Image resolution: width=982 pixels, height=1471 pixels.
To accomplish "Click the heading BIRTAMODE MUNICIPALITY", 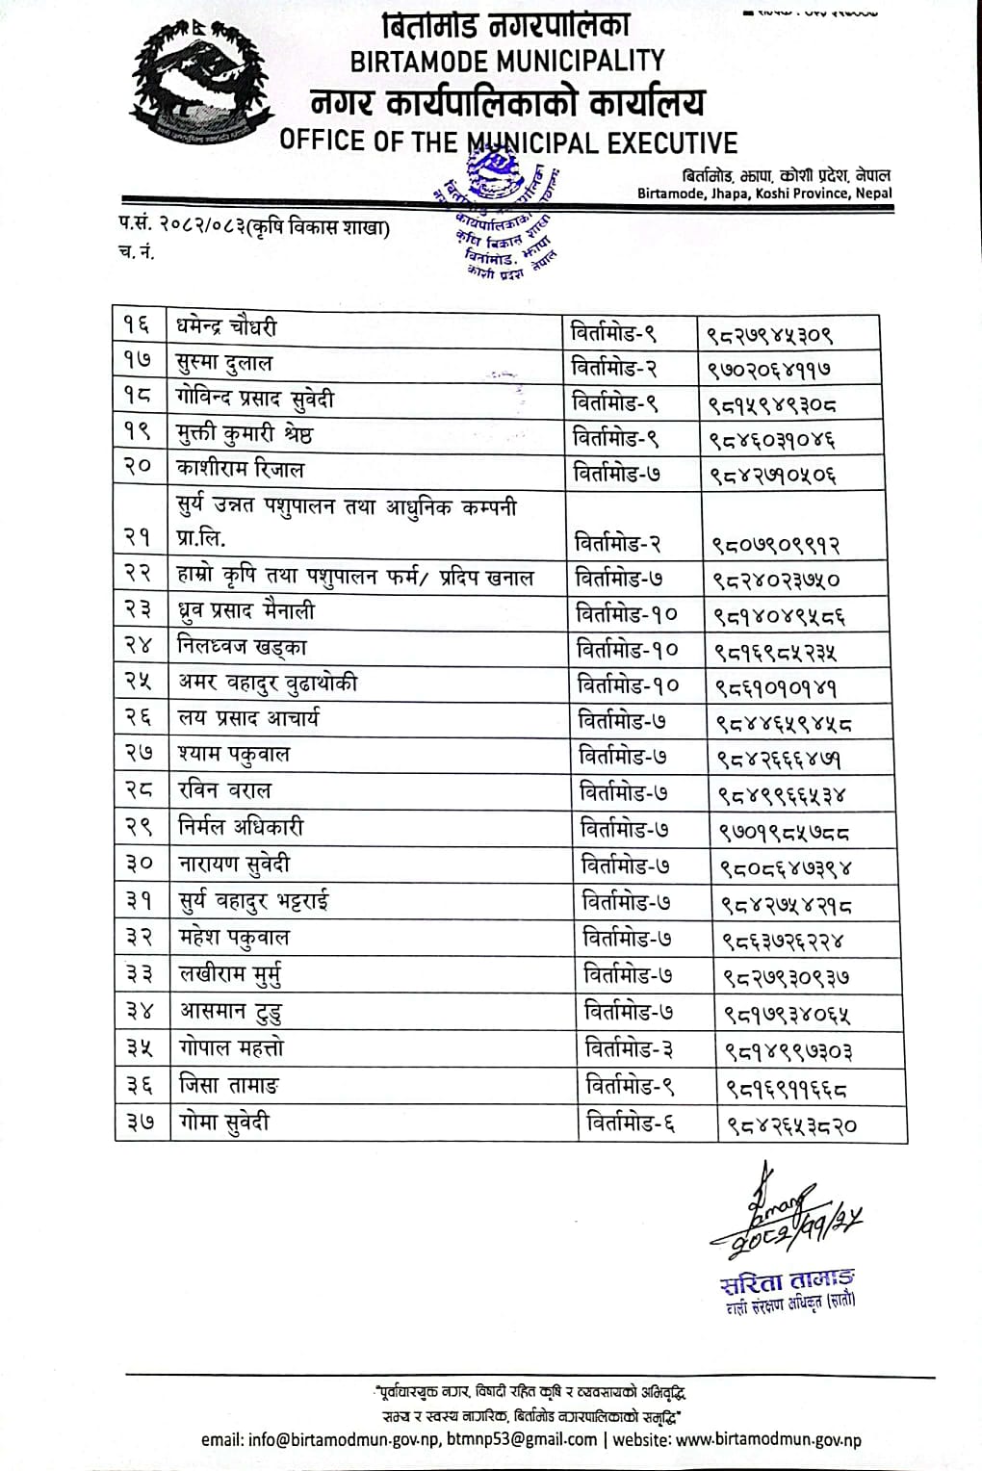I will point(507,62).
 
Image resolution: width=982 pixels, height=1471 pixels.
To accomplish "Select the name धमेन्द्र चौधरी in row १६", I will point(227,327).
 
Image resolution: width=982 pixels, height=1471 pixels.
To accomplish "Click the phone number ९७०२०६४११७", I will point(771,369).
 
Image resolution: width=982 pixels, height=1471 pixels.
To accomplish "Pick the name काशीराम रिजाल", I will point(241,470).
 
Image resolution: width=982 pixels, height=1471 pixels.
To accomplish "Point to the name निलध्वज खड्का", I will point(243,647).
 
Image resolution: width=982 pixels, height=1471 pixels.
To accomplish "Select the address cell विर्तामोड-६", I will point(631,1123).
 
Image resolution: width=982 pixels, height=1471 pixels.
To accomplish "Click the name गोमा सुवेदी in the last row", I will point(225,1123).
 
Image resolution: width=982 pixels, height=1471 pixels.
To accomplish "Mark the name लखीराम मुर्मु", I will point(231,975).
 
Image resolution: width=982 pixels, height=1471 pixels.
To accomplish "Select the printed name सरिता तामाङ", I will point(786,1283).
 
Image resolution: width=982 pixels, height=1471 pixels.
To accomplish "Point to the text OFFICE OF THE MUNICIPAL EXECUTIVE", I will point(507,142).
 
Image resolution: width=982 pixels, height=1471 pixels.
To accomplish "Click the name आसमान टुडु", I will point(231,1012).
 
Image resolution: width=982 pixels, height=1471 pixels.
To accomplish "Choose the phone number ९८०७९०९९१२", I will point(776,545).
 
